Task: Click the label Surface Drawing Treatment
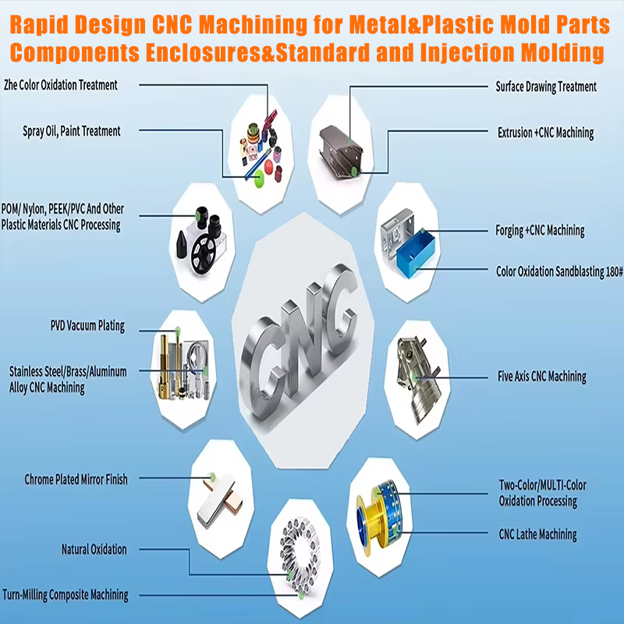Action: coord(546,87)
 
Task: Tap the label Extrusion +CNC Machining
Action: coord(545,133)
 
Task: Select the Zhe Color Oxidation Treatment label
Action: coord(61,84)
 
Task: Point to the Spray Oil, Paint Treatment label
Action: coord(72,131)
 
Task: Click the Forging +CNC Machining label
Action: coord(540,230)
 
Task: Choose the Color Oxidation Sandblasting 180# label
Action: coord(559,272)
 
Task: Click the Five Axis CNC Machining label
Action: coord(541,377)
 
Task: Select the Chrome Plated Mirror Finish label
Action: coord(76,479)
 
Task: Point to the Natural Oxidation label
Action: coord(94,550)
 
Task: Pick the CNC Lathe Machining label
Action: coord(537,535)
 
